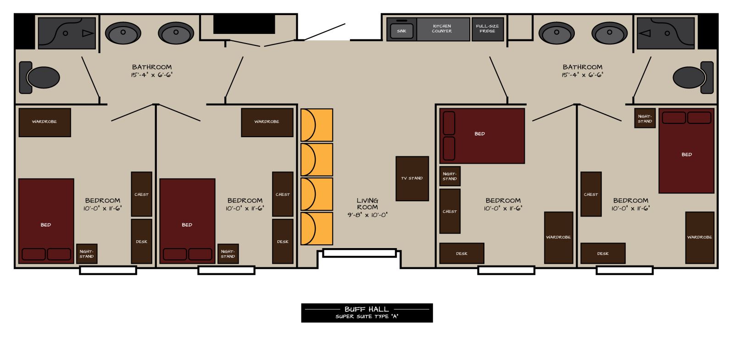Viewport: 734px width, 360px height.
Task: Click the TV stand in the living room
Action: point(412,178)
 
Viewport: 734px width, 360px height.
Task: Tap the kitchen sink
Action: point(401,31)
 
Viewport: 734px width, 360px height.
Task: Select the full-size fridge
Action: point(487,29)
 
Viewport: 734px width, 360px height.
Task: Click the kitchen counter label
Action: point(442,28)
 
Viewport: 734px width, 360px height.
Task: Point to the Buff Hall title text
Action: point(367,309)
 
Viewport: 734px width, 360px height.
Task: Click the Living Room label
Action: point(367,204)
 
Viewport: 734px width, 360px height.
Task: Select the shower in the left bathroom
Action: point(67,33)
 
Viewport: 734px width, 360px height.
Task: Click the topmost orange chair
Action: point(317,125)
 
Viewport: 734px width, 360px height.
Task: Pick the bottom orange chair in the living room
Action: point(317,228)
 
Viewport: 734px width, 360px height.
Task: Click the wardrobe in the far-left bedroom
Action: point(44,122)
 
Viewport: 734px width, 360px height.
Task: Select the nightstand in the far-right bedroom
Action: point(645,118)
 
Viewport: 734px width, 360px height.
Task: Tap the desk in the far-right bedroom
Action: point(603,253)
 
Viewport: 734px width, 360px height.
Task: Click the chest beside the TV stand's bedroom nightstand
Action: point(450,211)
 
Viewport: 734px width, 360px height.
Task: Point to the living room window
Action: point(359,253)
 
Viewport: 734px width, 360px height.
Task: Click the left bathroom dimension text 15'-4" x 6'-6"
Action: point(152,75)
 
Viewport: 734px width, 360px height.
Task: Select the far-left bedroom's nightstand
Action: point(87,254)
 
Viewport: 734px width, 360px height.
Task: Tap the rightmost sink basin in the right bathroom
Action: point(609,33)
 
